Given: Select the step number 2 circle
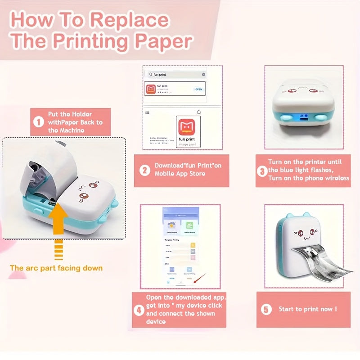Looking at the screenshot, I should tap(145, 171).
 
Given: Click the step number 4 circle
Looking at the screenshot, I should tap(139, 310).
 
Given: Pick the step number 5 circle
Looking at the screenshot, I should tap(267, 309).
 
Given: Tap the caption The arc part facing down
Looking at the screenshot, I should tap(56, 268).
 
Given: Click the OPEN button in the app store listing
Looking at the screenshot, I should tap(198, 89).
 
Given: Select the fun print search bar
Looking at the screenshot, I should tap(175, 74).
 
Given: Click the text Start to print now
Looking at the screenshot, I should tap(308, 309).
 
